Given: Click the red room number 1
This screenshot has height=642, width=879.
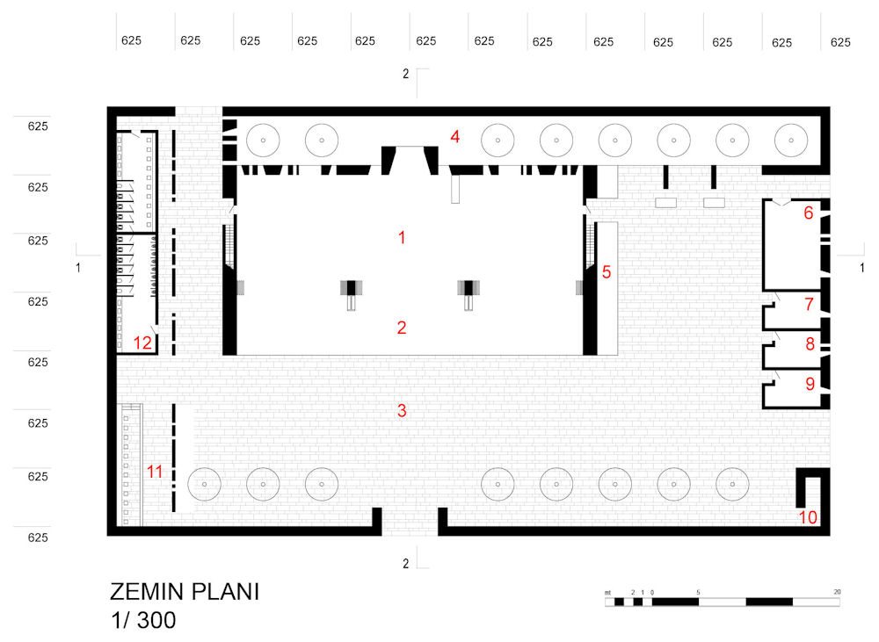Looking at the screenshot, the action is [402, 237].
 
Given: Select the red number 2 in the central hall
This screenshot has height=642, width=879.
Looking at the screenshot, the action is [402, 328].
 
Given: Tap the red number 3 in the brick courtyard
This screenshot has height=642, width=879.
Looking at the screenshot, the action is [402, 411].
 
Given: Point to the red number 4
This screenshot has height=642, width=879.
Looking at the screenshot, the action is [454, 137].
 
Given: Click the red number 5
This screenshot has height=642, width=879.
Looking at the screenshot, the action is [606, 271].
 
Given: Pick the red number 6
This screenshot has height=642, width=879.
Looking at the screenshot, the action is [808, 213].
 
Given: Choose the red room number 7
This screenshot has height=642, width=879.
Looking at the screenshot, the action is [809, 304].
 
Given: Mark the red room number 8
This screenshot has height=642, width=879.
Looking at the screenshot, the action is [810, 343].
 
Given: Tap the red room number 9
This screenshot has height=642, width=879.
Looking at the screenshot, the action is [810, 383].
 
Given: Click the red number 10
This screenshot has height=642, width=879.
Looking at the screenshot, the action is [808, 517].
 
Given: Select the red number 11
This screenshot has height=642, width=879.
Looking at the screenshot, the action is [155, 472].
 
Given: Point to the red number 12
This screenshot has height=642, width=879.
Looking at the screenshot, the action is [142, 343].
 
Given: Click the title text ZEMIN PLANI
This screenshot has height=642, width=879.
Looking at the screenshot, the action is [185, 592].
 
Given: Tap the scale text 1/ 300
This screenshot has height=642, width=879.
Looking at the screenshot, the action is [143, 620].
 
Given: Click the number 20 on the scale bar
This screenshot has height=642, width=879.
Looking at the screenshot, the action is [837, 592].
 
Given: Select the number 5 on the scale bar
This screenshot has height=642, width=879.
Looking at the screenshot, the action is [698, 592].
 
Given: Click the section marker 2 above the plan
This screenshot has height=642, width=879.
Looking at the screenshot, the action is [405, 74].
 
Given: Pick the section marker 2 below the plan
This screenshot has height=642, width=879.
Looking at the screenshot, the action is [405, 564].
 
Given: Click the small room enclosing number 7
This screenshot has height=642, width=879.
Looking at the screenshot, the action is [793, 310].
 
